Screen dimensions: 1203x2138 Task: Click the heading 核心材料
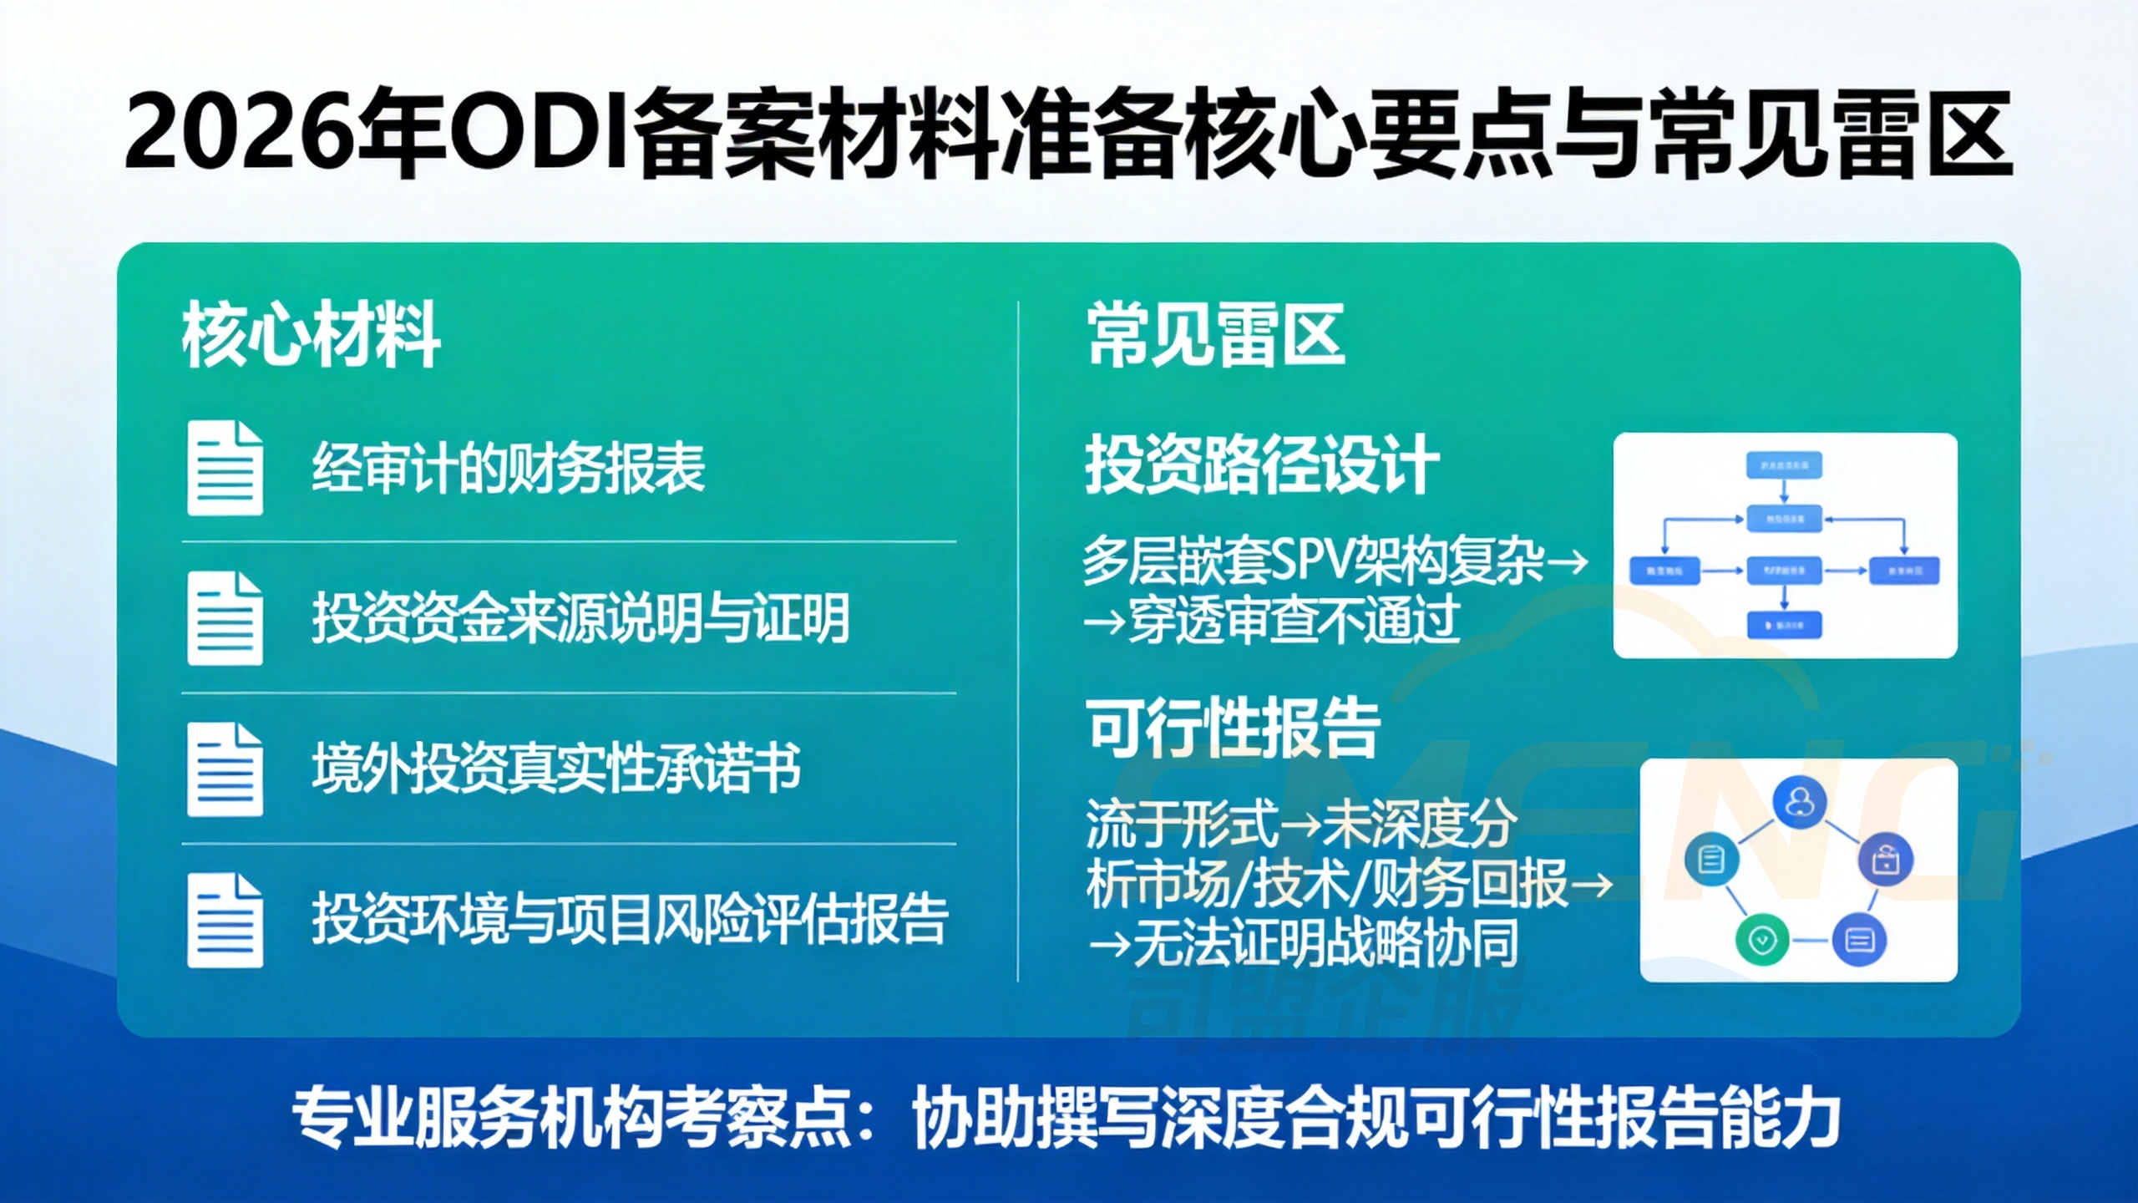pyautogui.click(x=311, y=336)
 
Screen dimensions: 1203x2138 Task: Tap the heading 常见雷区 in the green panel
pyautogui.click(x=1215, y=336)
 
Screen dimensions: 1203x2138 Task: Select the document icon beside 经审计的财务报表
pyautogui.click(x=225, y=468)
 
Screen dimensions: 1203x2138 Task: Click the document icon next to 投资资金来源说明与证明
pyautogui.click(x=225, y=618)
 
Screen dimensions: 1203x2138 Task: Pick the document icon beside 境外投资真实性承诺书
pyautogui.click(x=225, y=769)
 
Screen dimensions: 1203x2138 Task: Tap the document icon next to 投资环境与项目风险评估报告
pyautogui.click(x=225, y=920)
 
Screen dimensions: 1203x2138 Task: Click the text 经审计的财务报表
pyautogui.click(x=508, y=468)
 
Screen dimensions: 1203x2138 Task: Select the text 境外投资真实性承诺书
pyautogui.click(x=556, y=769)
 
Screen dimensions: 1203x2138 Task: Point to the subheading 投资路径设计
pyautogui.click(x=1262, y=465)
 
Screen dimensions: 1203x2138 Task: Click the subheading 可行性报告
pyautogui.click(x=1234, y=728)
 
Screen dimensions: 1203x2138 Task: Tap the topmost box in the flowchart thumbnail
pyautogui.click(x=1785, y=465)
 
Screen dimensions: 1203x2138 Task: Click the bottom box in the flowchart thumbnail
pyautogui.click(x=1785, y=624)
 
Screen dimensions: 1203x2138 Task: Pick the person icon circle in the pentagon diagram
pyautogui.click(x=1799, y=803)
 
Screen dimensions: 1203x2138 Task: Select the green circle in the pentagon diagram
pyautogui.click(x=1762, y=939)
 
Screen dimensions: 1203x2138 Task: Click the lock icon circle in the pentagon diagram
pyautogui.click(x=1885, y=859)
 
